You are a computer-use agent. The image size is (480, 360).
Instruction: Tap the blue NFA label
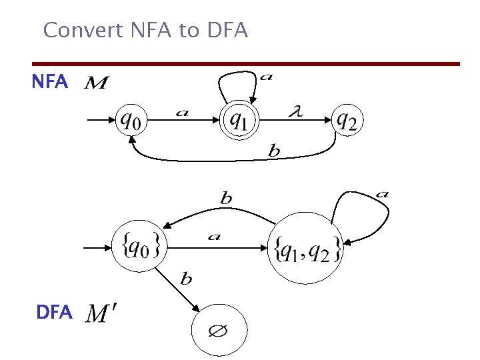coord(50,82)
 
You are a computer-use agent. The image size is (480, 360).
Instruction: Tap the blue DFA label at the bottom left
coord(55,311)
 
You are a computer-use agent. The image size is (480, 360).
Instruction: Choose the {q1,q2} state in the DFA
coord(305,248)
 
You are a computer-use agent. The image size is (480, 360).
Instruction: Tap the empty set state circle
coord(219,331)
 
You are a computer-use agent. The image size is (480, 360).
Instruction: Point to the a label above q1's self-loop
coord(265,77)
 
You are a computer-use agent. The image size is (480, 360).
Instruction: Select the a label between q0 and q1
coord(182,113)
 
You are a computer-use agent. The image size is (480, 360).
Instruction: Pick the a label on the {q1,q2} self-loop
coord(382,194)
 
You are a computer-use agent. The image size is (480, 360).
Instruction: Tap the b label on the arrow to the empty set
coord(186,278)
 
